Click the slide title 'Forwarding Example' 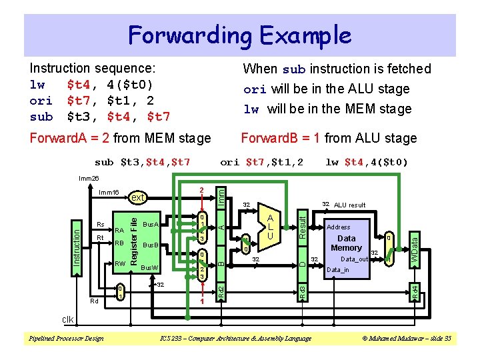click(239, 35)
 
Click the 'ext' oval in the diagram click(137, 197)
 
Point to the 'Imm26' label click(89, 178)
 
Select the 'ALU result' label click(349, 205)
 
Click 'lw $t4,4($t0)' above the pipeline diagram click(366, 162)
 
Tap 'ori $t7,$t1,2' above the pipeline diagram click(261, 162)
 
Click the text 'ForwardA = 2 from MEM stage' click(120, 138)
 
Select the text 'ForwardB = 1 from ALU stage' click(328, 138)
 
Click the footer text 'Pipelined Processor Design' click(65, 339)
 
